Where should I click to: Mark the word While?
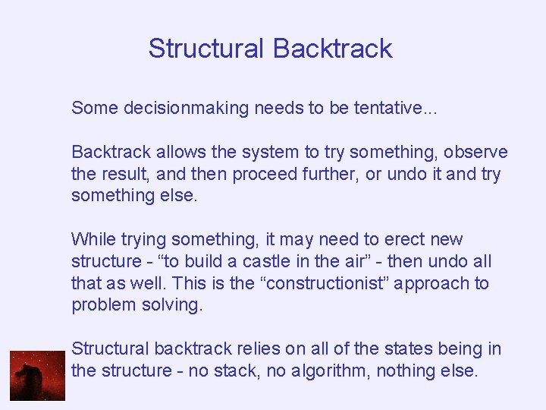pos(92,240)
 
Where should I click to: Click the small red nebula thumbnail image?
pos(37,376)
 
